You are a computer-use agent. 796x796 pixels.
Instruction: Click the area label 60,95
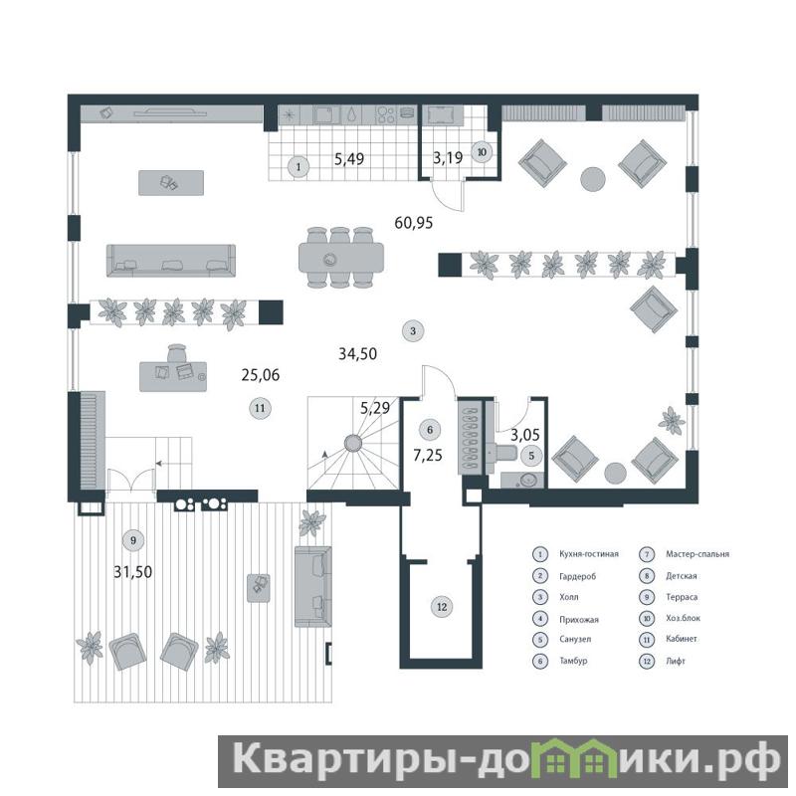(x=414, y=222)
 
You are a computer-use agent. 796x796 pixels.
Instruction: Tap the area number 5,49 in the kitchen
(x=349, y=159)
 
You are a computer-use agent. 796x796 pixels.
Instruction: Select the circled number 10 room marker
(x=482, y=152)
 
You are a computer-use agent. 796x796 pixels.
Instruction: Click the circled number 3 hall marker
(x=413, y=331)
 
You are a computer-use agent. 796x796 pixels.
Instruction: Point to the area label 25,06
(x=261, y=375)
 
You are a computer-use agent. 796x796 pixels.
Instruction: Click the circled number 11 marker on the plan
(x=260, y=408)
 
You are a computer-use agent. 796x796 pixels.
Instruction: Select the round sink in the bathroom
(x=528, y=480)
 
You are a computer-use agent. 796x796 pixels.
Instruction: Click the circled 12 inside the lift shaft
(x=442, y=607)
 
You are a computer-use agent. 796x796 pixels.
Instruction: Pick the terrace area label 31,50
(x=133, y=572)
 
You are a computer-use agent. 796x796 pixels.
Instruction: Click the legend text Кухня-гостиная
(x=589, y=554)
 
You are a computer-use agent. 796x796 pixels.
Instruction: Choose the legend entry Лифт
(x=676, y=661)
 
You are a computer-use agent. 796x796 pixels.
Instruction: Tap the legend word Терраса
(x=682, y=597)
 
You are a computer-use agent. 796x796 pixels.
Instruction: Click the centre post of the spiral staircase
(x=352, y=443)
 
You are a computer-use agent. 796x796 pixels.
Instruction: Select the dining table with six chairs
(x=340, y=258)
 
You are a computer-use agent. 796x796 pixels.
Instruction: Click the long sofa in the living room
(x=171, y=261)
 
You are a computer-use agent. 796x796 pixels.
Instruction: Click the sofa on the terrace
(x=313, y=586)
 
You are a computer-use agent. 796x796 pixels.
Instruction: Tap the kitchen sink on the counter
(x=326, y=114)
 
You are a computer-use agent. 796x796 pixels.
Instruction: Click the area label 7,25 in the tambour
(x=428, y=456)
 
